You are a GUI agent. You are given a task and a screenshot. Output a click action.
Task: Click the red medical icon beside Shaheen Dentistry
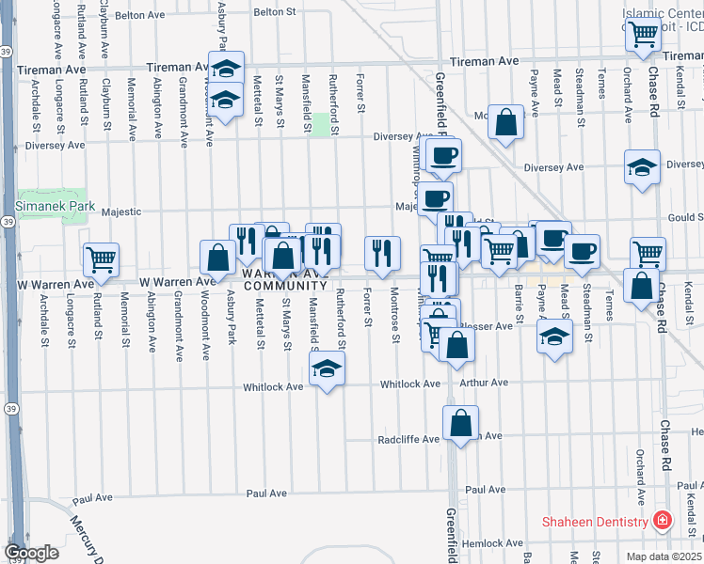pyautogui.click(x=663, y=521)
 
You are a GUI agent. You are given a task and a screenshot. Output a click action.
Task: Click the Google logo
pyautogui.click(x=31, y=553)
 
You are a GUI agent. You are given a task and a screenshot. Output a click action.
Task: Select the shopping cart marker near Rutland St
pyautogui.click(x=101, y=258)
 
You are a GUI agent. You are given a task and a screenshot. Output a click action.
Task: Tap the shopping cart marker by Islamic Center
pyautogui.click(x=644, y=36)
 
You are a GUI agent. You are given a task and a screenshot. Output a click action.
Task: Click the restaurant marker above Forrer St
pyautogui.click(x=381, y=253)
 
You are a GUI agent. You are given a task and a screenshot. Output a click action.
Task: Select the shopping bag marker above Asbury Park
pyautogui.click(x=217, y=257)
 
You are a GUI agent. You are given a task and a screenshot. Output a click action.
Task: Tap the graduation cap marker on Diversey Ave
pyautogui.click(x=642, y=169)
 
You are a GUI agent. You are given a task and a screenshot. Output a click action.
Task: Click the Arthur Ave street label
pyautogui.click(x=484, y=384)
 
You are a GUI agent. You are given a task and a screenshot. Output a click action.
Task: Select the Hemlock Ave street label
pyautogui.click(x=486, y=543)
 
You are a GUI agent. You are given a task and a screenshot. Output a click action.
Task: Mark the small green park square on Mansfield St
pyautogui.click(x=322, y=125)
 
